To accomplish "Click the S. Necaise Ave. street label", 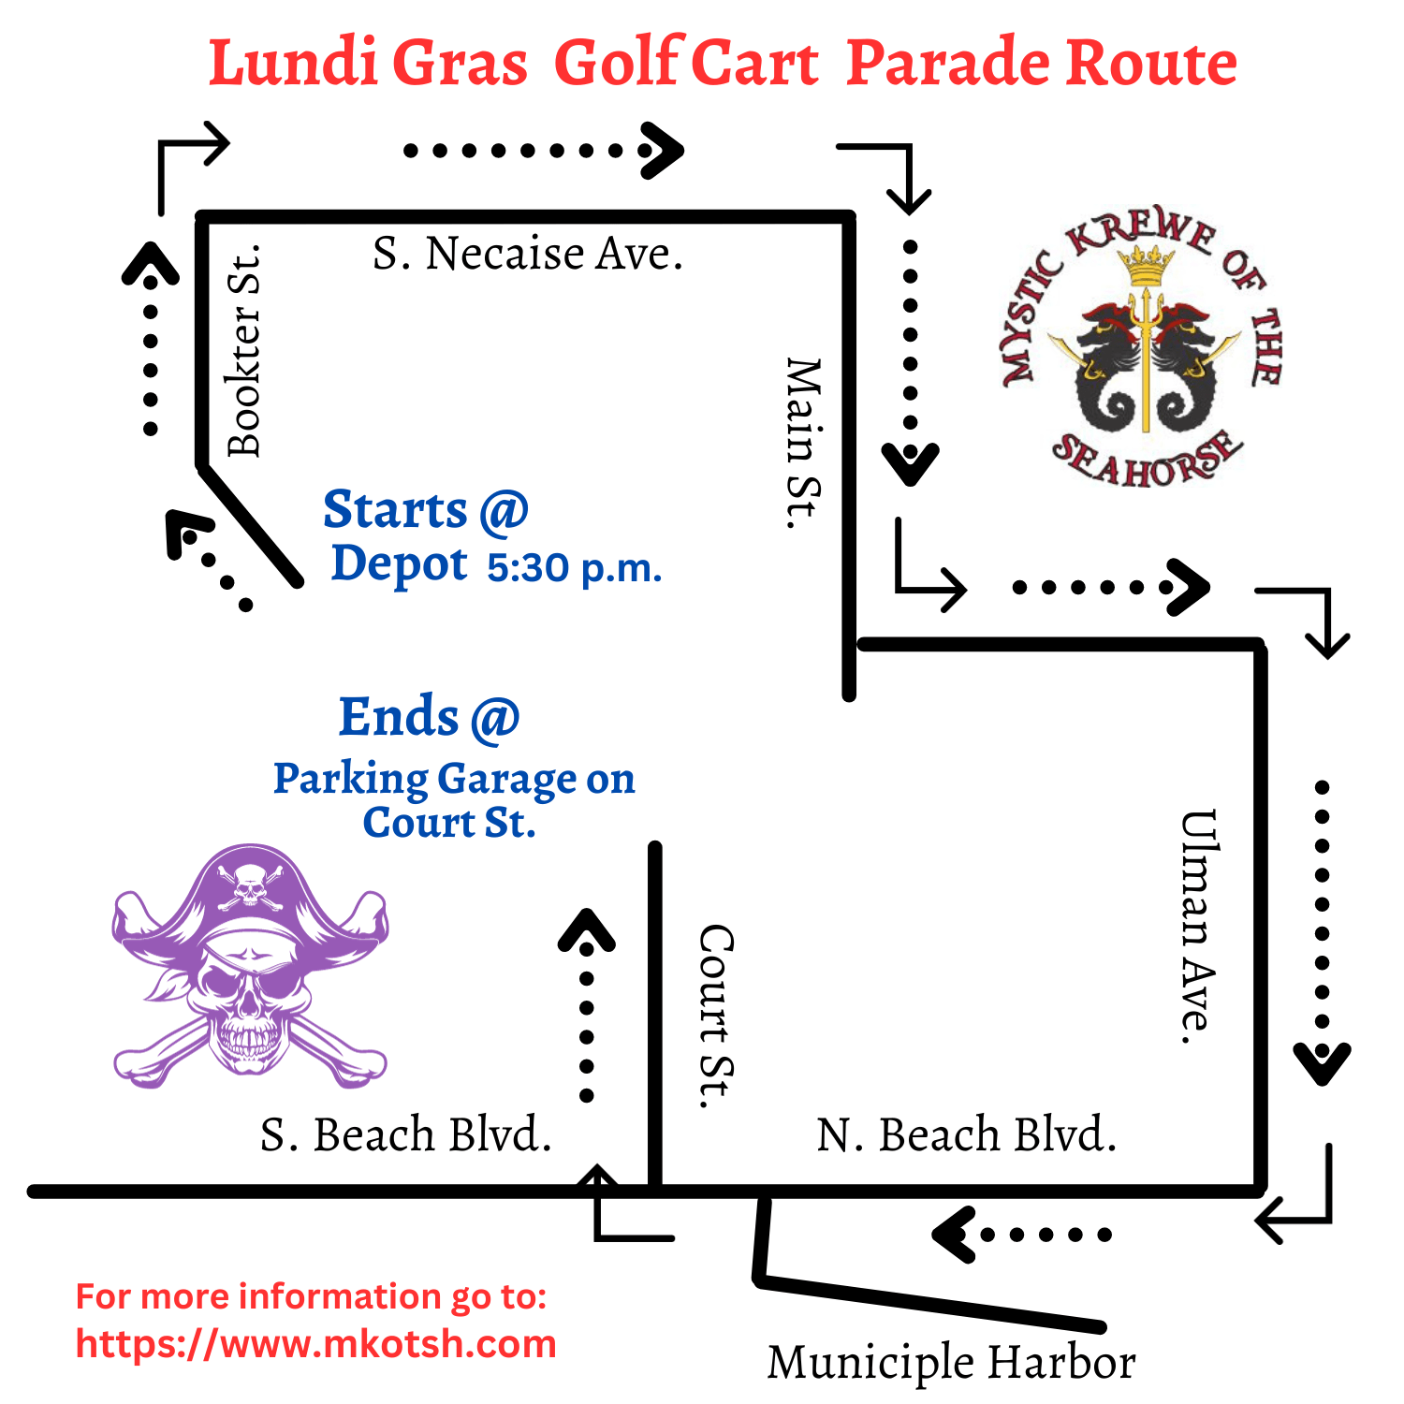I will [528, 254].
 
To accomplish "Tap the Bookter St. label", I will [245, 352].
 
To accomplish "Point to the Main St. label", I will [803, 444].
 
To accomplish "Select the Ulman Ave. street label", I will [1197, 927].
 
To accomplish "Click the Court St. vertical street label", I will [717, 1016].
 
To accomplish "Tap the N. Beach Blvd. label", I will [966, 1134].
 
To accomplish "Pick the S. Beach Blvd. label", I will [405, 1134].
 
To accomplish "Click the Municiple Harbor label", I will [951, 1362].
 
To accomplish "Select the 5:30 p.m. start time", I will [574, 567].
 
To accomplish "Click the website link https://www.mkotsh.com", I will [316, 1344].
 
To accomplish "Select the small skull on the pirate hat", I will [249, 885].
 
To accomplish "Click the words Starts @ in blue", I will [426, 511].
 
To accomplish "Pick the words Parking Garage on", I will [454, 779].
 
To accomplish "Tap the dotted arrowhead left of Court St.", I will [587, 932].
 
